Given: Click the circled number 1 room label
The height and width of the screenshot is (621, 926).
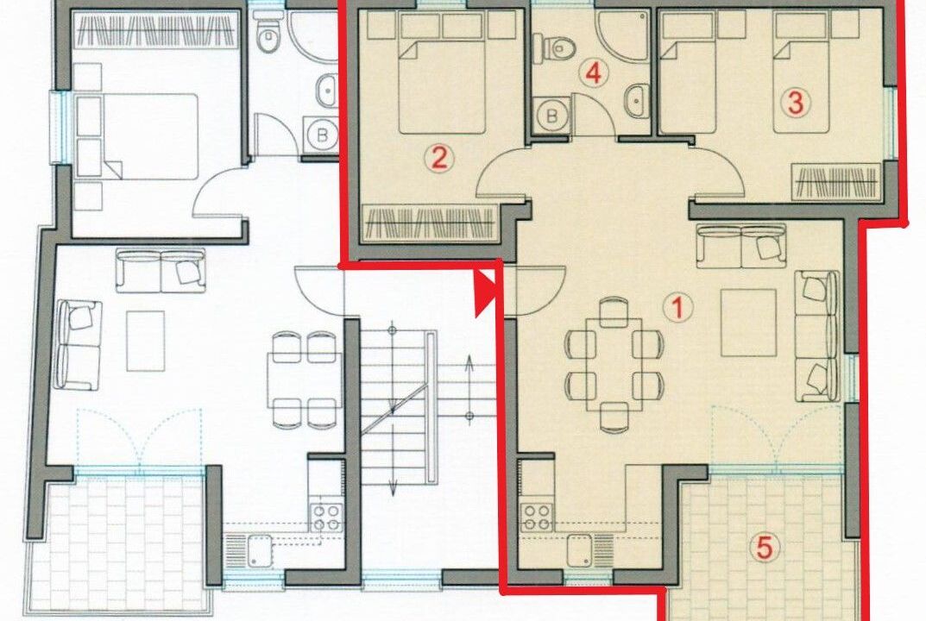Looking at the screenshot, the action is (678, 308).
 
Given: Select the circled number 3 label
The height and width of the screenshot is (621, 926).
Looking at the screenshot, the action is (796, 103).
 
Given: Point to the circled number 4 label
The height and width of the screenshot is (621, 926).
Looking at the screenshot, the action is (594, 74).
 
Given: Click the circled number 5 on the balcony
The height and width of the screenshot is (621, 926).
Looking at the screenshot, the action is (764, 548).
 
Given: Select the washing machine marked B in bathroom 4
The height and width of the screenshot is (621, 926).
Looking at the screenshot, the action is (551, 115).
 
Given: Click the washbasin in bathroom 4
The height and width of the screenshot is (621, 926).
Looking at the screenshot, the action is (635, 100).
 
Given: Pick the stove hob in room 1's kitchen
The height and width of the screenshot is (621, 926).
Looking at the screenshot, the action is (537, 517).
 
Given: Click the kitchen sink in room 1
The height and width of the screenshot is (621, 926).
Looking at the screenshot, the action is (579, 549).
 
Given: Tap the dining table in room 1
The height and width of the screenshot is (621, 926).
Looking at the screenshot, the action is (614, 365).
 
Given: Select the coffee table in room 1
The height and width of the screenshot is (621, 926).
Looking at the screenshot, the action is (748, 323).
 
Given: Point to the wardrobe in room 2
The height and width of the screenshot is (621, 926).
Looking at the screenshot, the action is (429, 223).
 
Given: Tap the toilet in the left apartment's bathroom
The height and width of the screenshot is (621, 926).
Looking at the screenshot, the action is (268, 35).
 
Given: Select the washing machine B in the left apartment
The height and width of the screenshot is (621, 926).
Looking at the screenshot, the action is (321, 135).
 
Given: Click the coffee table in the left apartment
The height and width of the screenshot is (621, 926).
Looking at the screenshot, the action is (145, 342).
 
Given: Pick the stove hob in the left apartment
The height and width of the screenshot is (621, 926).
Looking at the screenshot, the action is (326, 517).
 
